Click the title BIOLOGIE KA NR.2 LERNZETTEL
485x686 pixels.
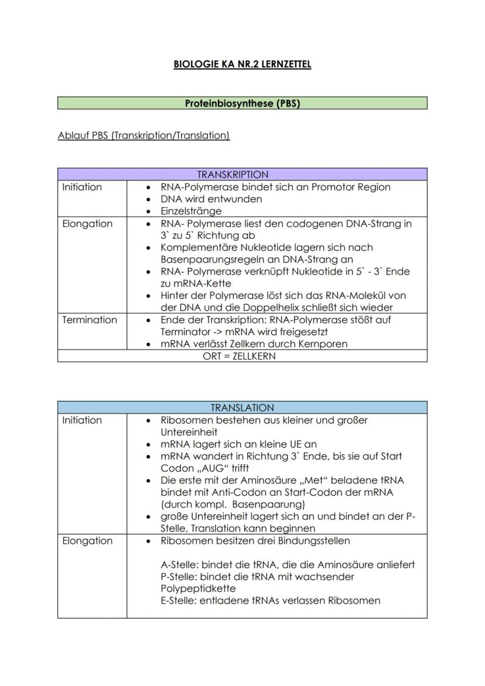[242, 64]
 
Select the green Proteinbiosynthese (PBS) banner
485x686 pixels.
[242, 104]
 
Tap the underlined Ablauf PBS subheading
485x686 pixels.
[144, 136]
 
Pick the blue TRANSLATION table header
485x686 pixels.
[242, 408]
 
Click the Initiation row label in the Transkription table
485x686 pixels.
[82, 187]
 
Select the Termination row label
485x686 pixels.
[90, 320]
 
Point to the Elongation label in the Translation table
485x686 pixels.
[87, 541]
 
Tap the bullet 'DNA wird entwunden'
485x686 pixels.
[211, 199]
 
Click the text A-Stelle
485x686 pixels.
[178, 565]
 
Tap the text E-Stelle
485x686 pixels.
[178, 600]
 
